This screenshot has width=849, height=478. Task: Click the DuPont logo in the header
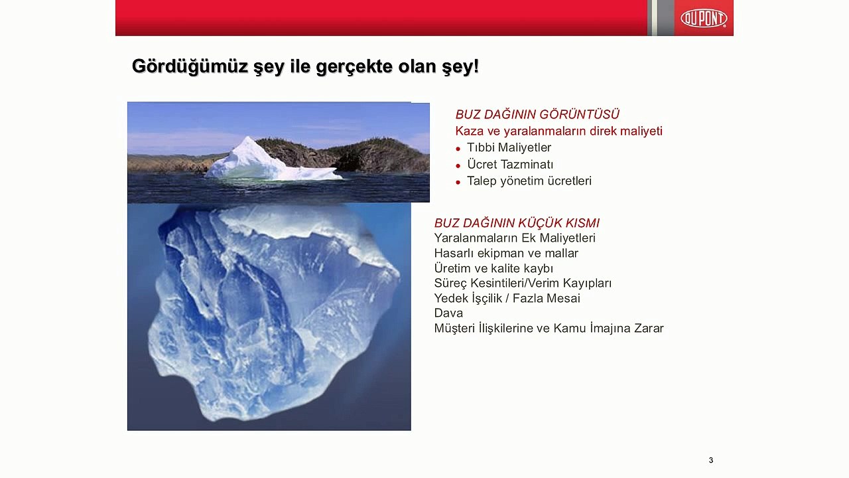[x=704, y=18]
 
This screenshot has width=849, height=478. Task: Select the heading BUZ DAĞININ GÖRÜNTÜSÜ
[x=537, y=114]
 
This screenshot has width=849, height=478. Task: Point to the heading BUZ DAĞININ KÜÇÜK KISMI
[x=517, y=222]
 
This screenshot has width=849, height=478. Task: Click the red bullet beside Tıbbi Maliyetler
[x=458, y=149]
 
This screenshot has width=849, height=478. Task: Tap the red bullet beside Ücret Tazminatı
[x=458, y=166]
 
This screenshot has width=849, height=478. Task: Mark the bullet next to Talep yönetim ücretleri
[x=458, y=183]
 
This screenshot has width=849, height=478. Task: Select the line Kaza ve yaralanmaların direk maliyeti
[x=559, y=131]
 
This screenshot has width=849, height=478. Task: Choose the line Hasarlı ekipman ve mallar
[x=506, y=253]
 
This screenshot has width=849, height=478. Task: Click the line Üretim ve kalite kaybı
[x=493, y=268]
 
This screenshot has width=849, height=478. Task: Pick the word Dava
[x=448, y=313]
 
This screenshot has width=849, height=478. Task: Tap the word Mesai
[x=563, y=298]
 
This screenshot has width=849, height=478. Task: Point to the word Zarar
[x=649, y=328]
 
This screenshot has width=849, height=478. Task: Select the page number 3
[x=710, y=460]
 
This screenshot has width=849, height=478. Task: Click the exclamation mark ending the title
[x=476, y=67]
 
